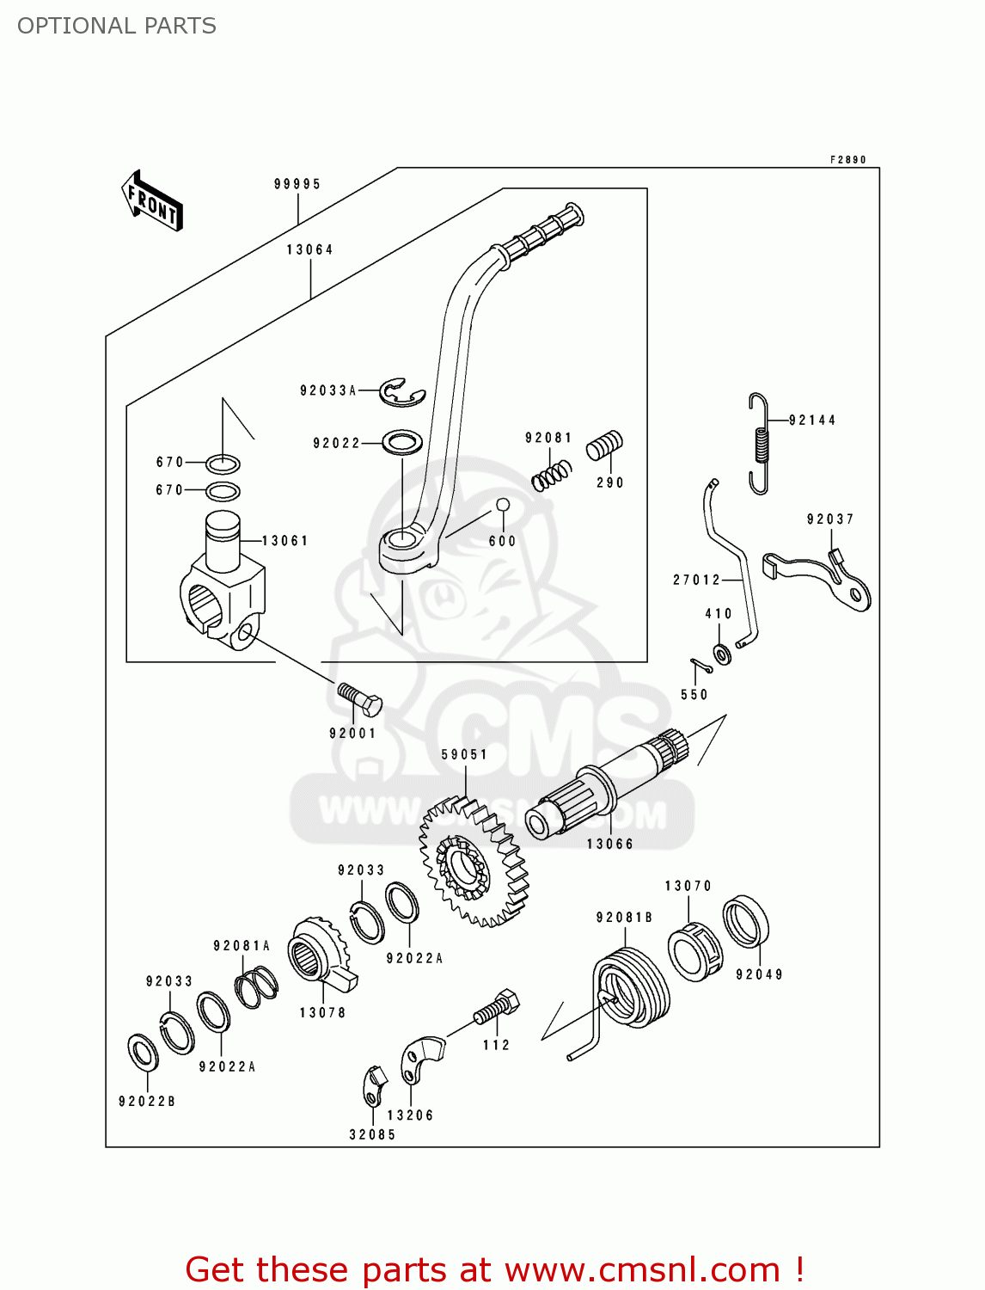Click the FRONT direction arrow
point(152,201)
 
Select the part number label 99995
point(297,184)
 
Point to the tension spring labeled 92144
point(759,443)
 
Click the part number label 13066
point(609,845)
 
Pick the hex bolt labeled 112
point(498,1007)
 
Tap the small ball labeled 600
point(503,505)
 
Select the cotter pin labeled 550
point(701,666)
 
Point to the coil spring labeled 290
point(604,445)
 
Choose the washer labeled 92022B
point(143,1052)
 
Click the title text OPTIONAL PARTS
point(117,26)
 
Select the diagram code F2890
point(847,160)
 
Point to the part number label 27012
point(696,580)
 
